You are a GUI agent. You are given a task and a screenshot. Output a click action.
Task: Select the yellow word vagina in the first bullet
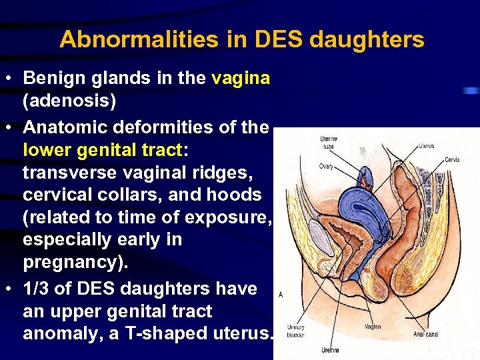pos(241,78)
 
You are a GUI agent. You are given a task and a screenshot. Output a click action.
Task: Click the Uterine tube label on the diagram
pos(329,141)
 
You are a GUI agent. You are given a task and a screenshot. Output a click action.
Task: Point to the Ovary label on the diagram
pos(326,166)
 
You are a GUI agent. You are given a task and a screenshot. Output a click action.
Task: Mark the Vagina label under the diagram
pos(373,327)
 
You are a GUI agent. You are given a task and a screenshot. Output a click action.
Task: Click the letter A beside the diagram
pos(280,294)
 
